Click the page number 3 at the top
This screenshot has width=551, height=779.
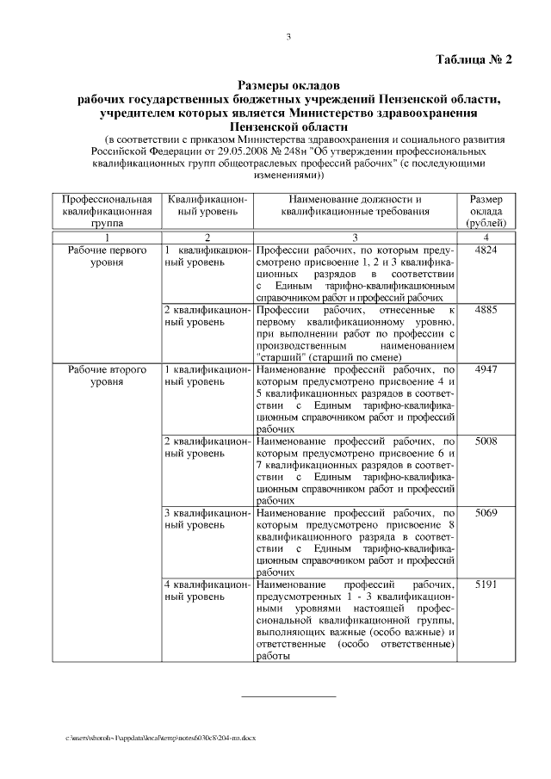point(289,35)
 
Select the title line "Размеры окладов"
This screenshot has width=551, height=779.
point(288,85)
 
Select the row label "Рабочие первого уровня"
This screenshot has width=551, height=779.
point(107,256)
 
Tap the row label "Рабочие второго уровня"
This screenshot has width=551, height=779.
point(107,375)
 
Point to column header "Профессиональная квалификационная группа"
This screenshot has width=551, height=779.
point(107,212)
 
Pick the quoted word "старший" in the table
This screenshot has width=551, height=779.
point(276,353)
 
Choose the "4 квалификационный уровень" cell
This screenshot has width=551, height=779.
point(206,590)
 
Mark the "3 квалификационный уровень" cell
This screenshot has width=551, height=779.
point(206,519)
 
